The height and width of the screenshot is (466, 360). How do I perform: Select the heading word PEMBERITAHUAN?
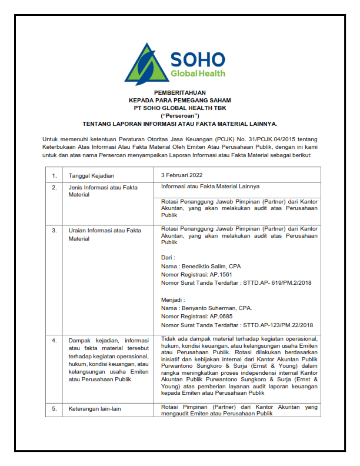pyautogui.click(x=179, y=94)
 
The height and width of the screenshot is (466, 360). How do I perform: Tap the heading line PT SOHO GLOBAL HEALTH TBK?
pyautogui.click(x=179, y=109)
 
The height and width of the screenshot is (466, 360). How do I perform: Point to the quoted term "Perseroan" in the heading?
pyautogui.click(x=179, y=116)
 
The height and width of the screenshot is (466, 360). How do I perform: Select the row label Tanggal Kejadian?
pyautogui.click(x=91, y=175)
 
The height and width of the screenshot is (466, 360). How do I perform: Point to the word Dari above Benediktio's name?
pyautogui.click(x=168, y=258)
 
